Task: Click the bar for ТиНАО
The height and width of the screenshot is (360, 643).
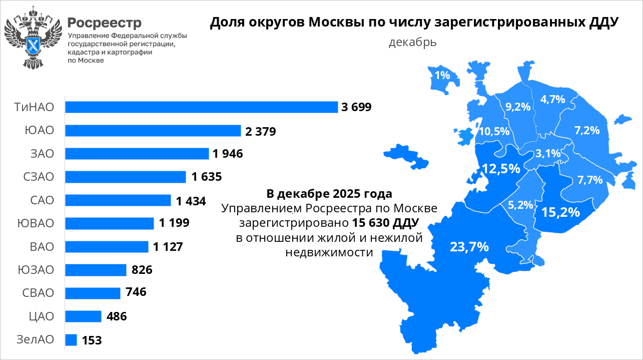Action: (x=202, y=107)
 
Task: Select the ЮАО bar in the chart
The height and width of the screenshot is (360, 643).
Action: (x=153, y=131)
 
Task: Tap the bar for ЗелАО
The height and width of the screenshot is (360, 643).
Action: (x=71, y=340)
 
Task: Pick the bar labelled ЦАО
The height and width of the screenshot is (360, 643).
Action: (x=84, y=316)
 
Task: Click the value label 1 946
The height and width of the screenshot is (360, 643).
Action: (x=228, y=154)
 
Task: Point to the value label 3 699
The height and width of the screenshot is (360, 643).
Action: (x=356, y=107)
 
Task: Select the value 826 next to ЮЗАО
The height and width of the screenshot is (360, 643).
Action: (x=142, y=270)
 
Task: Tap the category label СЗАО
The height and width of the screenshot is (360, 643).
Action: (x=38, y=177)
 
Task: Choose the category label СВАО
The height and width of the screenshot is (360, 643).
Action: (x=38, y=293)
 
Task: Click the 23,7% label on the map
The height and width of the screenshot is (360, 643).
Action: (x=469, y=246)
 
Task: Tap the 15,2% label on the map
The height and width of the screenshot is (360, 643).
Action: (x=560, y=212)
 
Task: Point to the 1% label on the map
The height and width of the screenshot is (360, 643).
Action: (x=442, y=76)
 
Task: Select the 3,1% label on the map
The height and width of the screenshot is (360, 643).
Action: (x=547, y=154)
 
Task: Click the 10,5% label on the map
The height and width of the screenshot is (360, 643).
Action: (x=494, y=131)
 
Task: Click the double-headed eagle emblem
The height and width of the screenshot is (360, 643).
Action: (x=33, y=38)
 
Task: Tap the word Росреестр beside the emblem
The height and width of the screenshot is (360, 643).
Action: (x=105, y=23)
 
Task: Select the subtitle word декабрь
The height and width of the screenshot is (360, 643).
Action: (x=412, y=42)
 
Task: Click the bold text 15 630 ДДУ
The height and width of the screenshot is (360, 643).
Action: (x=385, y=221)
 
